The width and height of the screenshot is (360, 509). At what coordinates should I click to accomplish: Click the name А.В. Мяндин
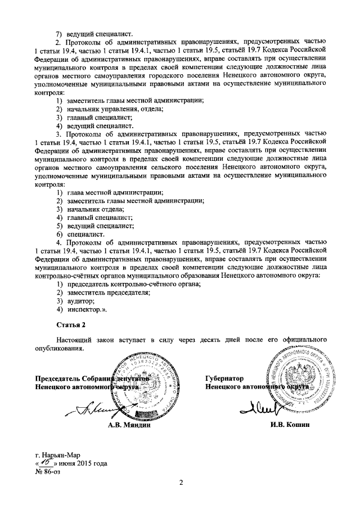pos(131,425)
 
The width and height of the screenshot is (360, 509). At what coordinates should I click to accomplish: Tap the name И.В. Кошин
pos(290,425)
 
